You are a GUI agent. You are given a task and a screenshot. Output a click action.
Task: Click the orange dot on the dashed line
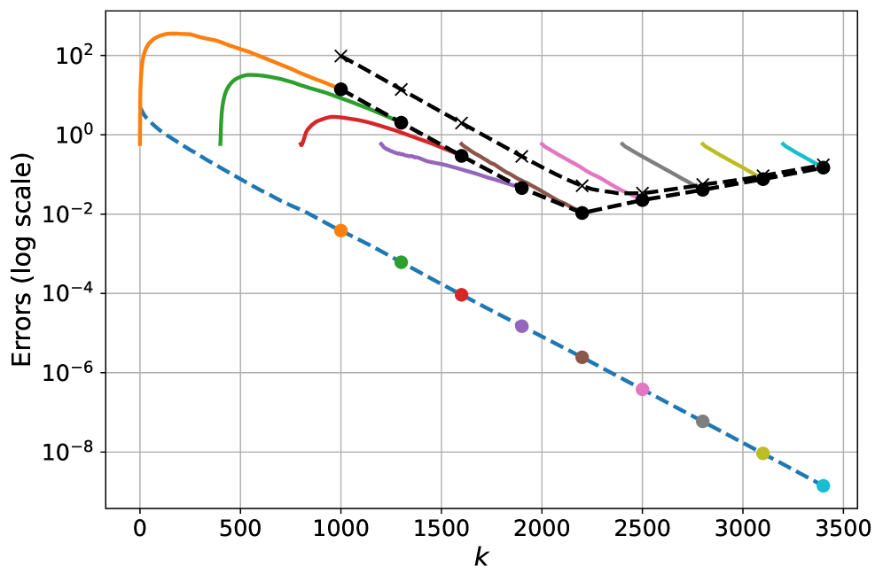(340, 230)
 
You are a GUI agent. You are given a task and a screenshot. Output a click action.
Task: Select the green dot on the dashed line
(401, 262)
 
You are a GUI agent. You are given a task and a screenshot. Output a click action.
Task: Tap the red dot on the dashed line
(461, 295)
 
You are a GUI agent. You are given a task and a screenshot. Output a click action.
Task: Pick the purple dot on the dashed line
(521, 326)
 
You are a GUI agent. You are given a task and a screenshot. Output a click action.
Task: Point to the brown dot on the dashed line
(582, 357)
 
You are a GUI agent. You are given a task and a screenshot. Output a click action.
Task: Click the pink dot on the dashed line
(642, 389)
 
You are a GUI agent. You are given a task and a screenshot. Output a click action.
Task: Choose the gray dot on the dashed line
(702, 422)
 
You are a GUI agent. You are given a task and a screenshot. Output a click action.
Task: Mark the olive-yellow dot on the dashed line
(762, 454)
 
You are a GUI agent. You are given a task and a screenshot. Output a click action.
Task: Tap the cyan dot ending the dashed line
(823, 485)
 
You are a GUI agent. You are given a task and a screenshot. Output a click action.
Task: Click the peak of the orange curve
(172, 33)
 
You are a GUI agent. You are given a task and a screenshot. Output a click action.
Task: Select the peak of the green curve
(252, 74)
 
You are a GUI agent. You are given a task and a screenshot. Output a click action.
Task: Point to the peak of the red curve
(335, 116)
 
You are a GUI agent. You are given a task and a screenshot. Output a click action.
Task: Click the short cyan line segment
(799, 153)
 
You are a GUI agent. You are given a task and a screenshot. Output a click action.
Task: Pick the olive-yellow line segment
(729, 159)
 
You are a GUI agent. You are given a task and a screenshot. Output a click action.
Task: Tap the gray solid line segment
(658, 164)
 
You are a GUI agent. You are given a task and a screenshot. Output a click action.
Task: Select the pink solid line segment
(585, 168)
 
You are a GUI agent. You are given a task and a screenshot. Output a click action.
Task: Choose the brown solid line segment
(514, 175)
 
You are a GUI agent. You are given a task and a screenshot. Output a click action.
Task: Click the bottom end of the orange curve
(139, 144)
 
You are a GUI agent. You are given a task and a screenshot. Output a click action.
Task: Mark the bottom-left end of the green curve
(220, 144)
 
